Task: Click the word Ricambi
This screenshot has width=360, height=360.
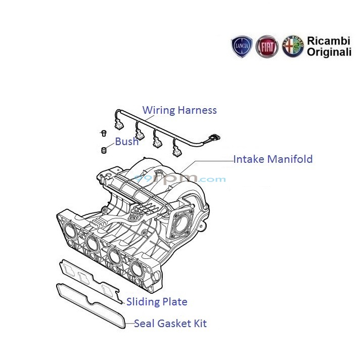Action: coord(329,40)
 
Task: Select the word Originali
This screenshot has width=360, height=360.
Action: coord(329,52)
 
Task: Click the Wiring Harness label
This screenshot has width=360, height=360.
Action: coord(179,110)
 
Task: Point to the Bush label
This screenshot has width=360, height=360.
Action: coord(126,142)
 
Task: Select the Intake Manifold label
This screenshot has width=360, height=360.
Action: coord(273,159)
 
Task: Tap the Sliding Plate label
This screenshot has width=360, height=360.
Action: coord(157,302)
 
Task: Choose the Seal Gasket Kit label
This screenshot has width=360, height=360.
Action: coord(170,324)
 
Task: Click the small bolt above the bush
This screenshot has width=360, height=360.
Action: coord(104,133)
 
